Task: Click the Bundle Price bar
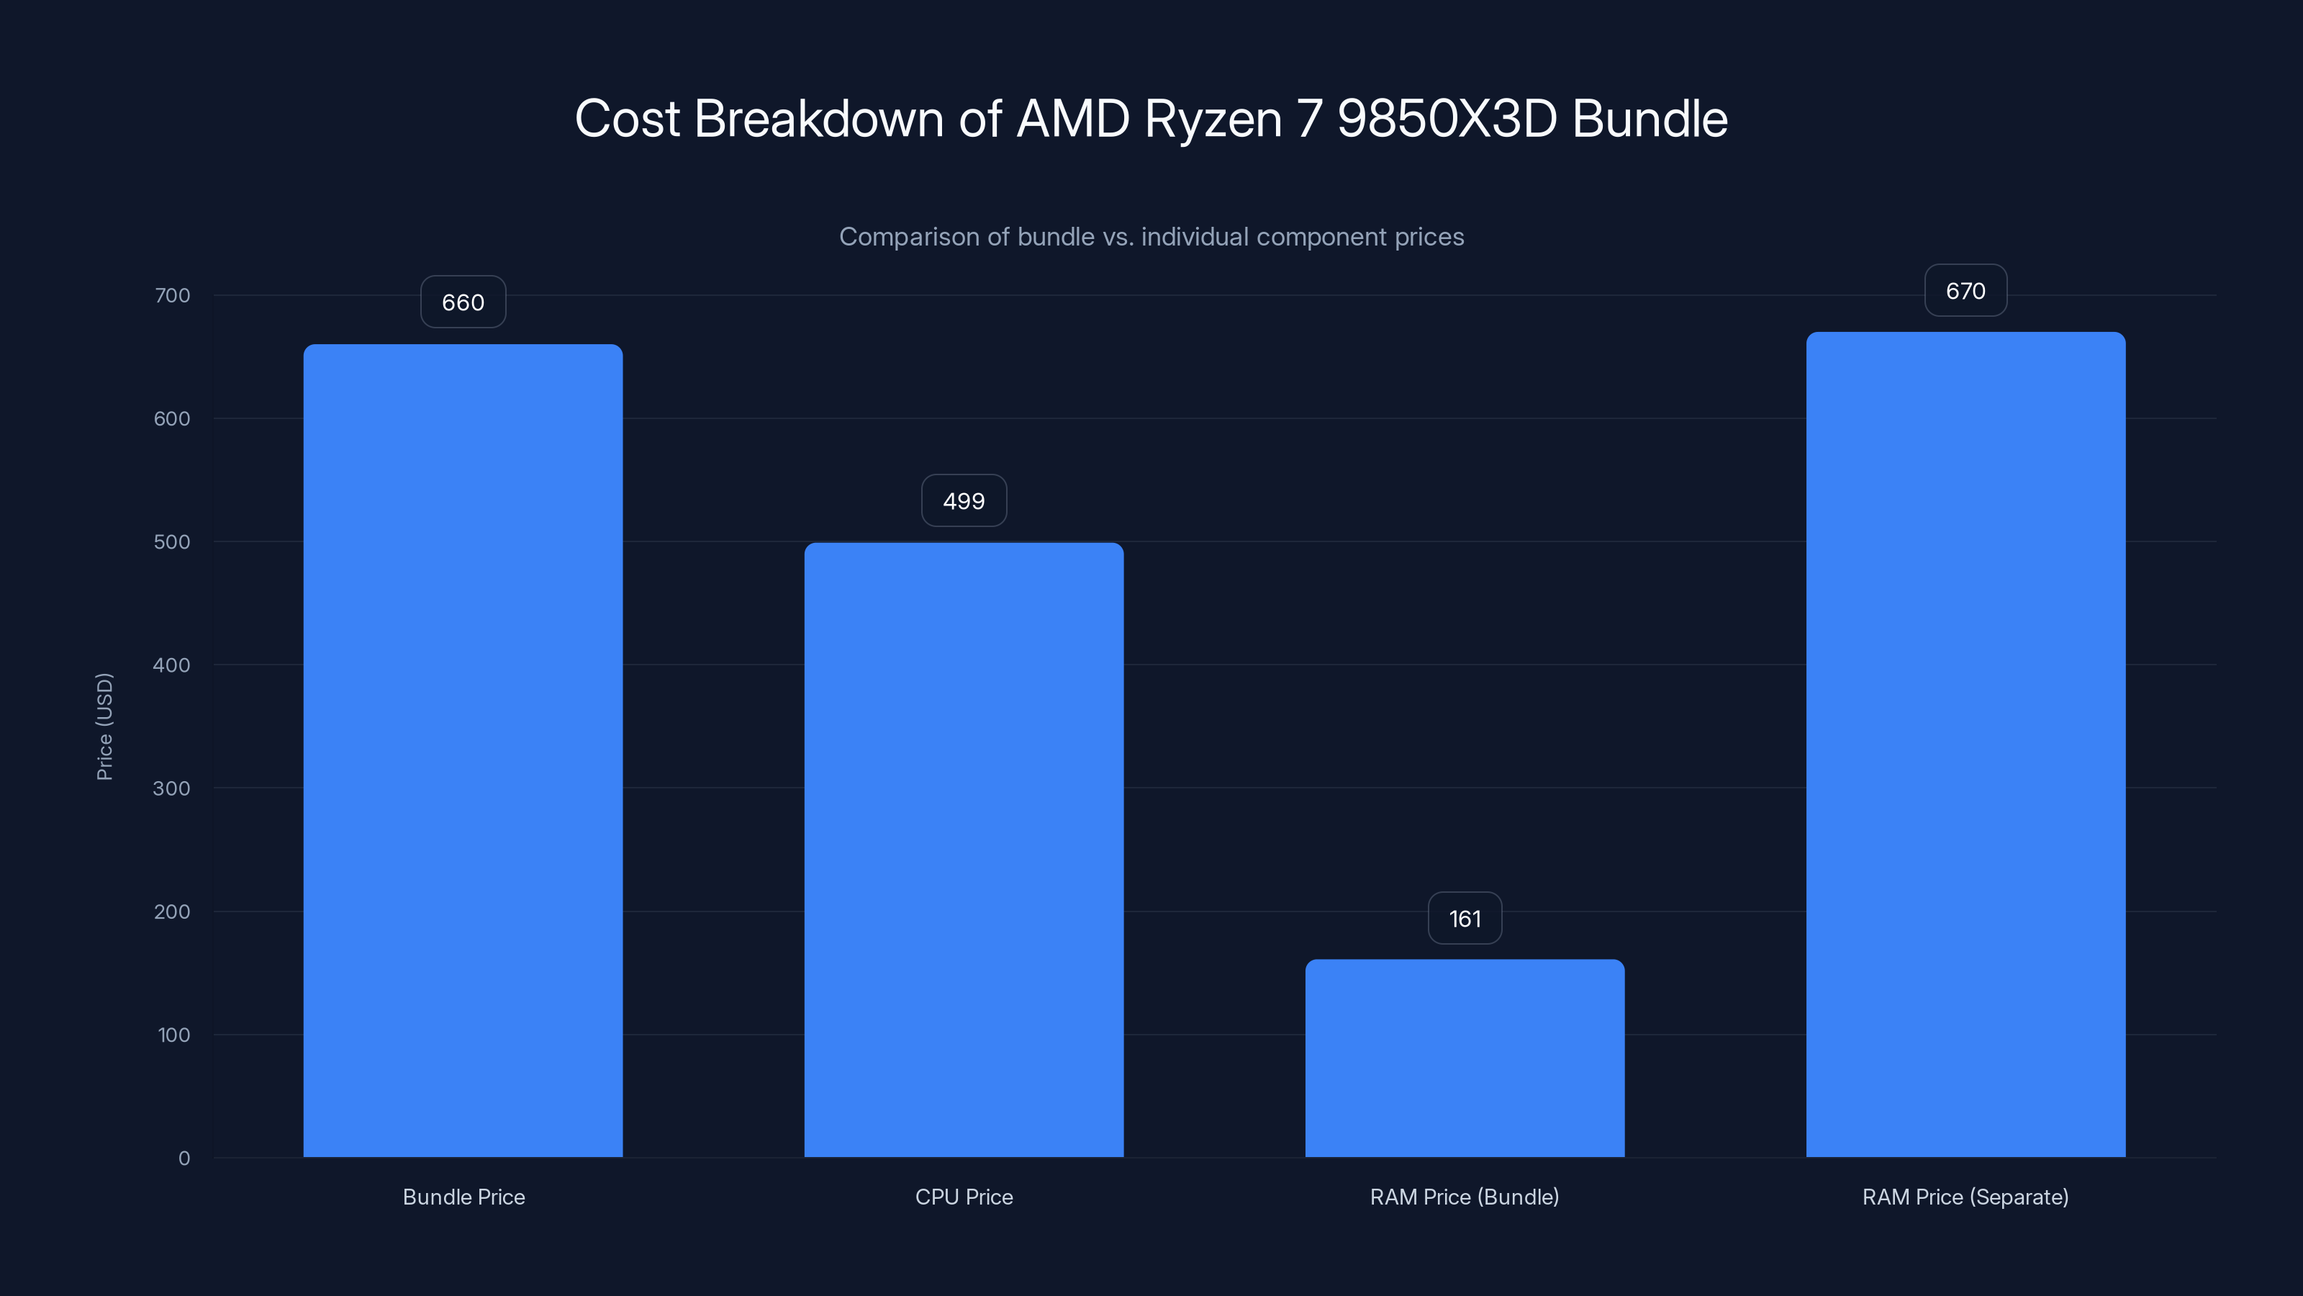coord(463,750)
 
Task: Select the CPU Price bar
coord(964,850)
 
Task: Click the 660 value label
coord(463,302)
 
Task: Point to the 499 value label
coord(964,501)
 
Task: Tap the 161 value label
coord(1465,919)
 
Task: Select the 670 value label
coord(1965,291)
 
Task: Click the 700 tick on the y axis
coord(173,295)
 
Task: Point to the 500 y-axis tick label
coord(173,542)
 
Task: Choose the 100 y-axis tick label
coord(174,1035)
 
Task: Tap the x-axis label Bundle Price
coord(463,1197)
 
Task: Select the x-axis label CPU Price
coord(964,1197)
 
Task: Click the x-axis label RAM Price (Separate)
coord(1965,1197)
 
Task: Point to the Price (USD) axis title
coord(104,726)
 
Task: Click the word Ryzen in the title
coord(1213,119)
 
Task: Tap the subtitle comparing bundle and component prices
coord(1151,237)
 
